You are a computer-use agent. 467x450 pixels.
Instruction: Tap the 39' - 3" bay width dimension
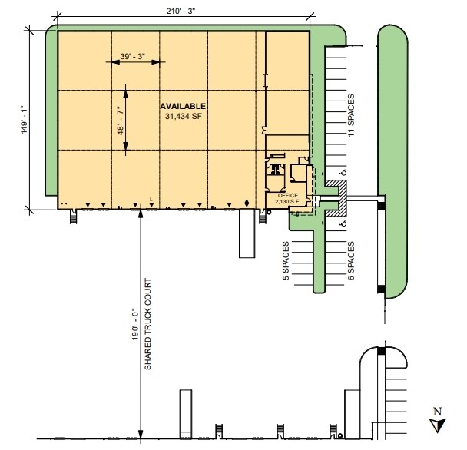[x=132, y=56]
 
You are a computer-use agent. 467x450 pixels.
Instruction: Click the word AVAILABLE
[x=183, y=105]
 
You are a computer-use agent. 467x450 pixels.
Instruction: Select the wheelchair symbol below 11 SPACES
[x=343, y=172]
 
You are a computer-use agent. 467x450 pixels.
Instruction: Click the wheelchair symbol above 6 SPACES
[x=343, y=224]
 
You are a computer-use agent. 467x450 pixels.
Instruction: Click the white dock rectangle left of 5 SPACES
[x=247, y=234]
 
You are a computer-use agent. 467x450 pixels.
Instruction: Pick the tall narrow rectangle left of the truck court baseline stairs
[x=184, y=414]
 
